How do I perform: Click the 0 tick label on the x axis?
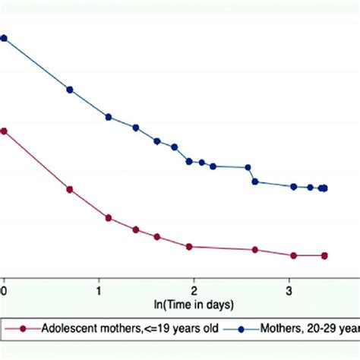point(4,289)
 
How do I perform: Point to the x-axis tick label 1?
point(99,289)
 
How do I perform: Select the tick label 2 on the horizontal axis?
point(194,289)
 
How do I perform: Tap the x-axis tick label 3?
point(289,289)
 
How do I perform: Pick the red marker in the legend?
point(23,330)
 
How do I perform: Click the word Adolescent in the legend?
point(68,330)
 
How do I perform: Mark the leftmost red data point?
point(4,131)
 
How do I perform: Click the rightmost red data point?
point(324,256)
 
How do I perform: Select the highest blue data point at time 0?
point(4,38)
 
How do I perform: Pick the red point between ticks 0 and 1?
point(70,189)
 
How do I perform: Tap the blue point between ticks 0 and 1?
point(70,90)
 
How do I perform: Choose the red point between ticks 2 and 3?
point(255,249)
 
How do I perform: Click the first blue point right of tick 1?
point(109,117)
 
